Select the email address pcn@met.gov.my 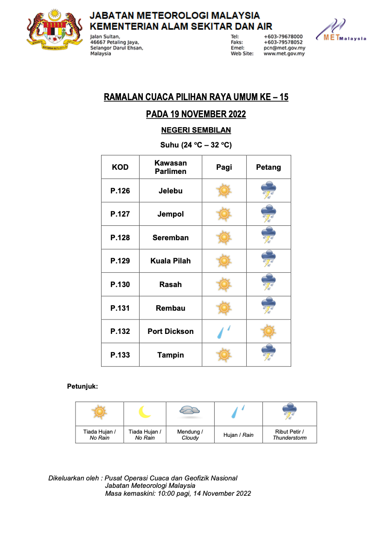pyautogui.click(x=284, y=48)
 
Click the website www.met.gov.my pyautogui.click(x=284, y=54)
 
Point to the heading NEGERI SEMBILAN pyautogui.click(x=196, y=130)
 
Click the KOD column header pyautogui.click(x=120, y=167)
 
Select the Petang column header pyautogui.click(x=268, y=167)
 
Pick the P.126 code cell pyautogui.click(x=120, y=191)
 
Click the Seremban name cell pyautogui.click(x=171, y=237)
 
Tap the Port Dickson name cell pyautogui.click(x=171, y=331)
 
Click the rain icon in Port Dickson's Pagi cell pyautogui.click(x=224, y=332)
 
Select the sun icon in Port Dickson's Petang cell pyautogui.click(x=268, y=332)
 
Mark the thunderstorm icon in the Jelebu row pyautogui.click(x=268, y=191)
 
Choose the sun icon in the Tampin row pyautogui.click(x=224, y=355)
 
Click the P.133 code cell pyautogui.click(x=120, y=355)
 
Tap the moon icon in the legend pyautogui.click(x=145, y=412)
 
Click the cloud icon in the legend pyautogui.click(x=190, y=410)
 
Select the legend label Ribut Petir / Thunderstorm pyautogui.click(x=289, y=435)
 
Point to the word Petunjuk pyautogui.click(x=83, y=386)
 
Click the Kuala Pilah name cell pyautogui.click(x=171, y=261)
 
